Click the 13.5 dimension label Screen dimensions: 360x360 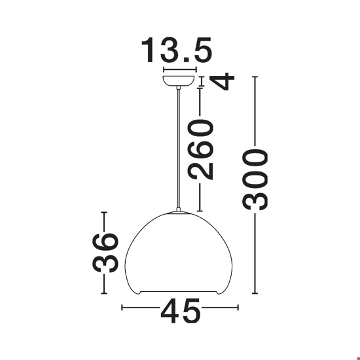[177, 50]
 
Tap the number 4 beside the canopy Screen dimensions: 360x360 [225, 81]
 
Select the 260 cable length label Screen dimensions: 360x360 [201, 150]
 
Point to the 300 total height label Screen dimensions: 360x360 [255, 179]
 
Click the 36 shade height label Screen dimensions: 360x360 [105, 253]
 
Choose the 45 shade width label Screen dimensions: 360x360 [181, 311]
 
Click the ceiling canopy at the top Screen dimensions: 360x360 [179, 81]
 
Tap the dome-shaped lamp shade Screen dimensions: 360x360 [179, 253]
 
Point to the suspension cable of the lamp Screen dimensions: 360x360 [179, 149]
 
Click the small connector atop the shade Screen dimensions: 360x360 [179, 209]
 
